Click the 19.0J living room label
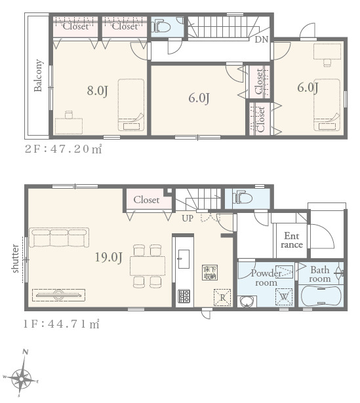[108, 258]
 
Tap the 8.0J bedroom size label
[97, 91]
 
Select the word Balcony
[38, 75]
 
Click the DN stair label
[261, 39]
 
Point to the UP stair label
[188, 218]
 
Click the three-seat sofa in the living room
[59, 237]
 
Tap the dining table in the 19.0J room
[148, 266]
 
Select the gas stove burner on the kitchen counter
[184, 296]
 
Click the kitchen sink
[184, 259]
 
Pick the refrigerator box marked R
[222, 297]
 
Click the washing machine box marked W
[284, 297]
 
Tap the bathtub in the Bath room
[321, 296]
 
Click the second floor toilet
[161, 27]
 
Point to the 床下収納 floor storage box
[210, 273]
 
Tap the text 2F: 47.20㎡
[63, 149]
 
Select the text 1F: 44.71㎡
[61, 324]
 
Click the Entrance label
[292, 240]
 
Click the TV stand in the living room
[59, 295]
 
